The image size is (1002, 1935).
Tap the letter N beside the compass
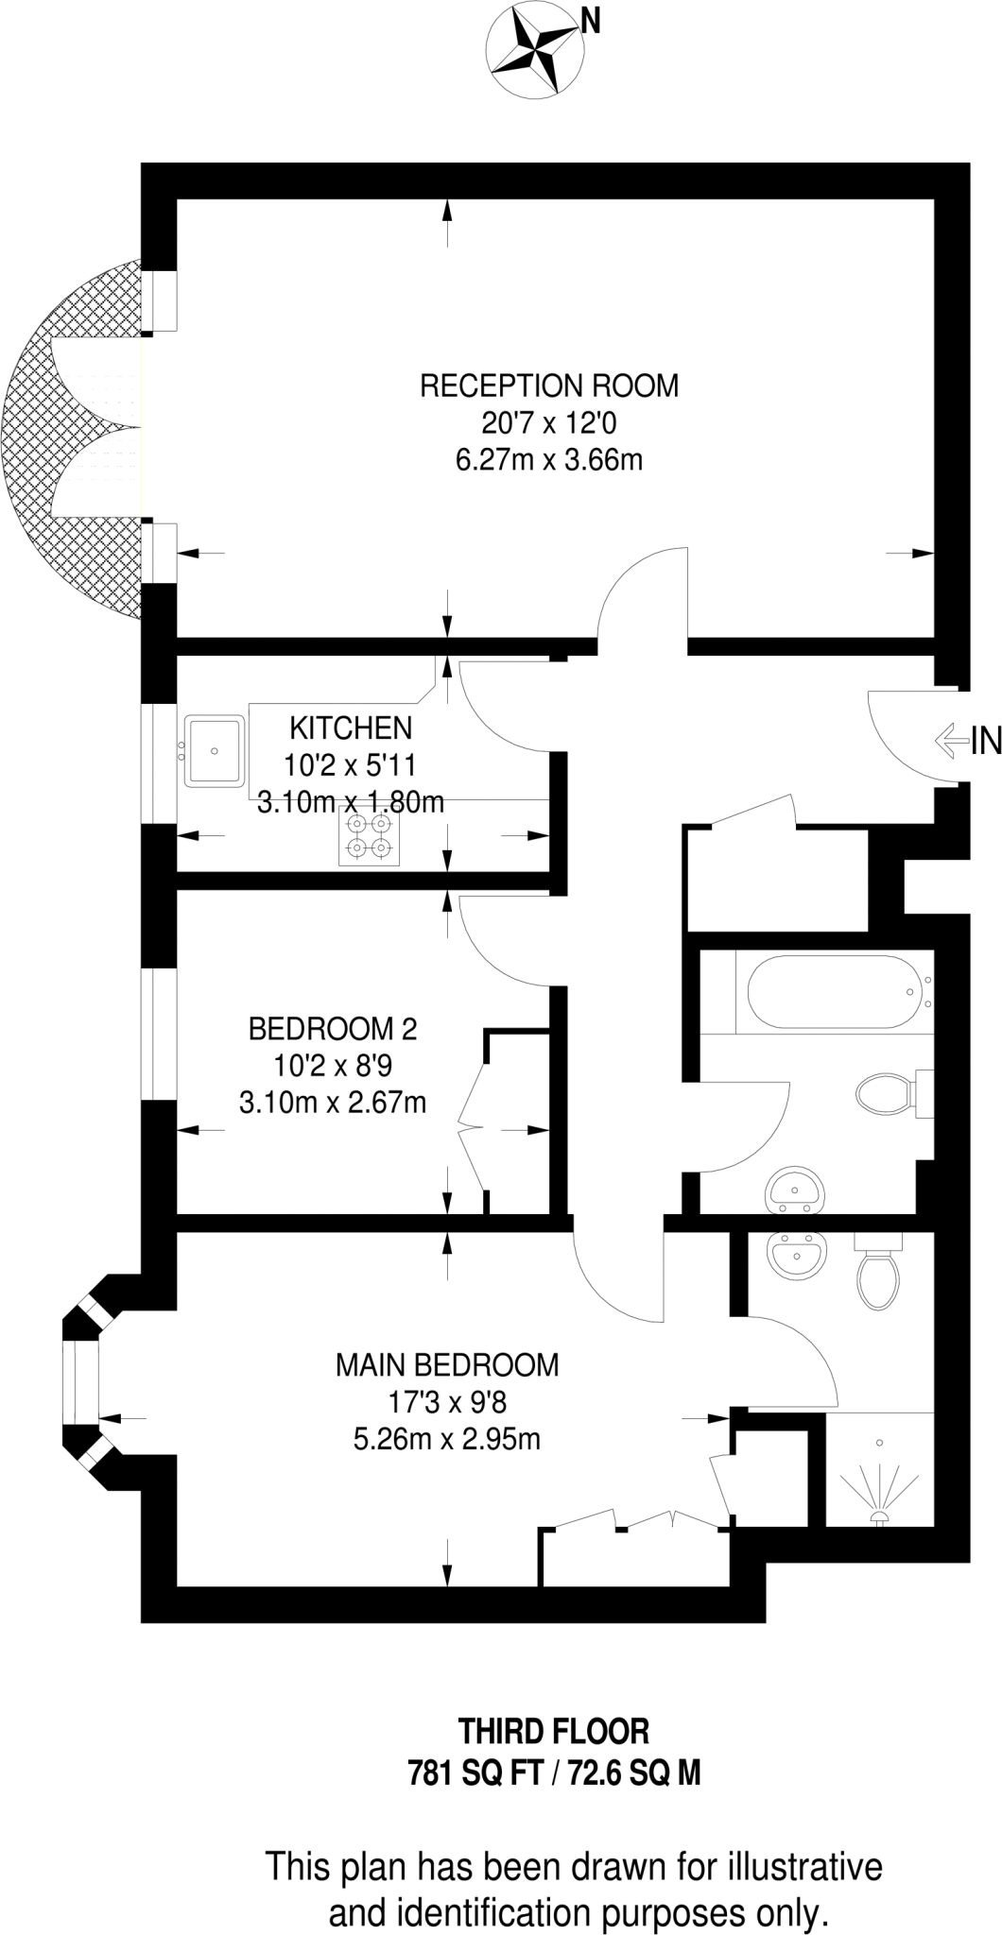point(591,22)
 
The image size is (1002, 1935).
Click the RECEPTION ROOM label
point(549,385)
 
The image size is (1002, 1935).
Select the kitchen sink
point(215,751)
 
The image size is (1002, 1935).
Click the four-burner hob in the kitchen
point(369,837)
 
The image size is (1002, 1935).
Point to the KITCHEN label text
point(351,728)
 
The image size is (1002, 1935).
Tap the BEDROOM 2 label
point(333,1028)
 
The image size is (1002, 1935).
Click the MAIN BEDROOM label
point(447,1364)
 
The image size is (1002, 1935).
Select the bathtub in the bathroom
point(833,991)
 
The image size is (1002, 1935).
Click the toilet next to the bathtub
point(885,1094)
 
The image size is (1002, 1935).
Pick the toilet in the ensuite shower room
point(878,1278)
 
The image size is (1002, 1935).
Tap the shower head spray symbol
point(879,1493)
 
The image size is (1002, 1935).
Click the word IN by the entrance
point(986,742)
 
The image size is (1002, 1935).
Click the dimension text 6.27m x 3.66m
point(549,460)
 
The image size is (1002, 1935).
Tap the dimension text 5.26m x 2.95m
point(447,1439)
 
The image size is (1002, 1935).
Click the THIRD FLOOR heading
point(554,1731)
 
